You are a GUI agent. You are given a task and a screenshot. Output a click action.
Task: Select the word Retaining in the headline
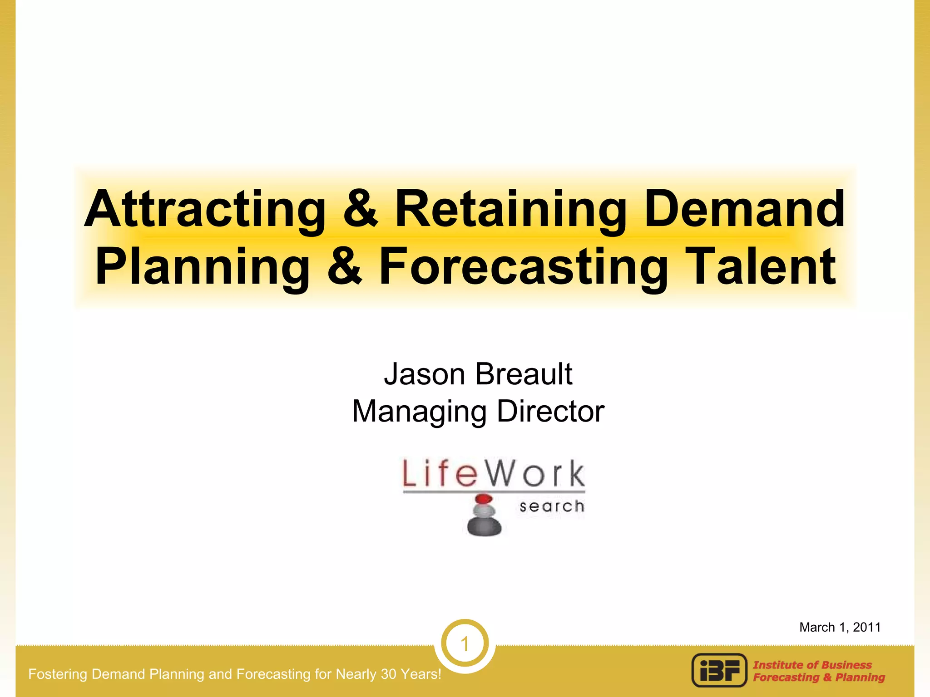point(511,210)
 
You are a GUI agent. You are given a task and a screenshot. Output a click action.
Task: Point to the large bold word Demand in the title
point(745,210)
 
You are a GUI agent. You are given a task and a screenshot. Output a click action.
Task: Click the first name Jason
point(425,375)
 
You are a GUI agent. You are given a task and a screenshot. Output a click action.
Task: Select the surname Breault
point(524,375)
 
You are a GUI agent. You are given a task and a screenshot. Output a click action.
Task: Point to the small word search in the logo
point(552,506)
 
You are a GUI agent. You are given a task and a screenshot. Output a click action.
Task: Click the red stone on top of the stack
point(484,500)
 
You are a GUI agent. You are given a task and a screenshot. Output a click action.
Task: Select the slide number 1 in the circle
point(465,644)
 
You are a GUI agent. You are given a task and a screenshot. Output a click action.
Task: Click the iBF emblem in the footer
point(719,670)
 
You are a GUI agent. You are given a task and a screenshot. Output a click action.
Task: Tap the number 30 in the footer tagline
point(389,674)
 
